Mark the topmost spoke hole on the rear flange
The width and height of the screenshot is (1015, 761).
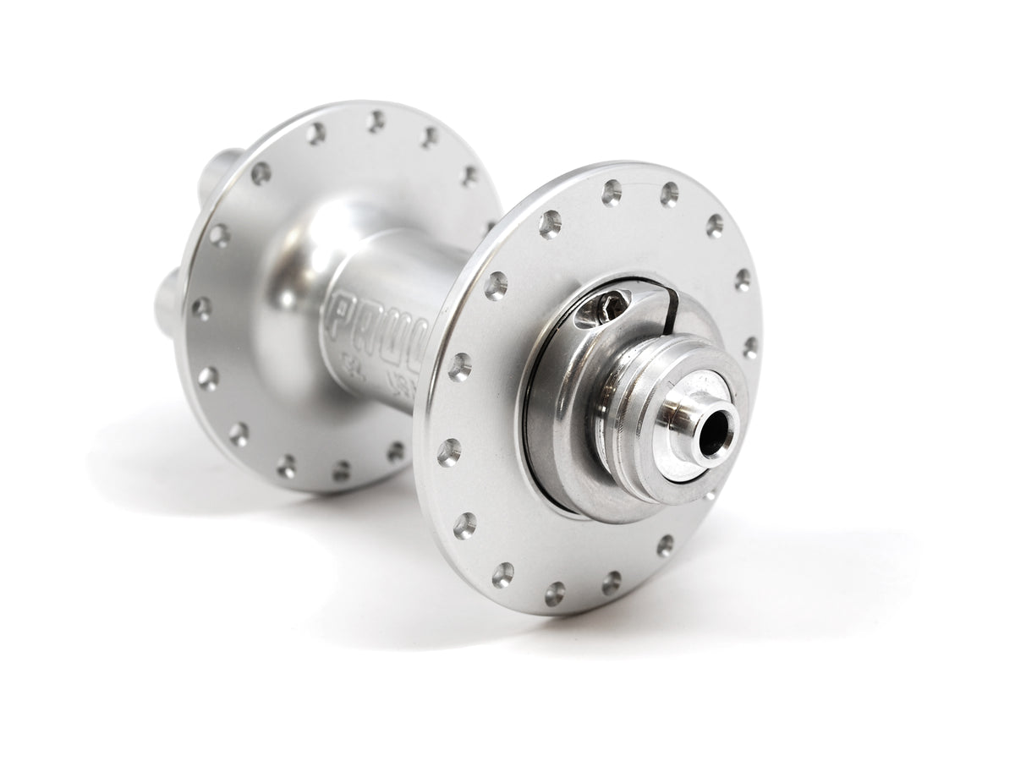[376, 122]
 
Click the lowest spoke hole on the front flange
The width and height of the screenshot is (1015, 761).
[555, 593]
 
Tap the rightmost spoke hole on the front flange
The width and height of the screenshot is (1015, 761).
[750, 348]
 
